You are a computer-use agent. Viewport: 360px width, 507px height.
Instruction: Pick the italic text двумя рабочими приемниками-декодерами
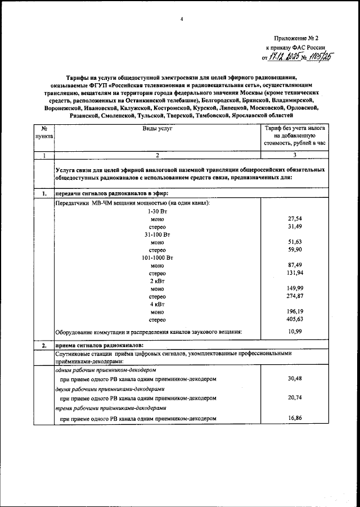101,388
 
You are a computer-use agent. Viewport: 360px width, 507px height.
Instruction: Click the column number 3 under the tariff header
295,155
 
